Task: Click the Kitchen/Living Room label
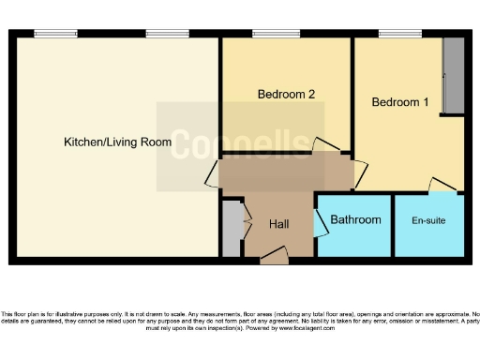(117, 142)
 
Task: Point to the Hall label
(279, 225)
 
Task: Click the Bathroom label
(355, 219)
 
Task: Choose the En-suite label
(428, 220)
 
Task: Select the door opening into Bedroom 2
(323, 146)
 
